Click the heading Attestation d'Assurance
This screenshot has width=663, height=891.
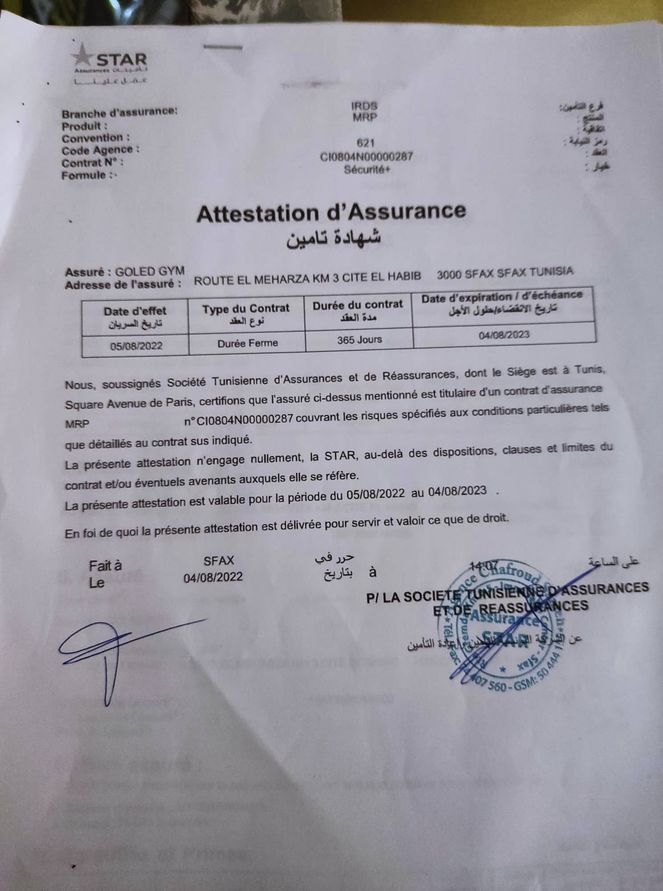[331, 213]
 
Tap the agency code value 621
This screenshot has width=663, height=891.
[365, 143]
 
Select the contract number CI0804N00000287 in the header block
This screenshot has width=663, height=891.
[366, 157]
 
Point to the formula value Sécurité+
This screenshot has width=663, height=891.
[367, 170]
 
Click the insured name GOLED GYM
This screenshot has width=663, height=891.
[150, 271]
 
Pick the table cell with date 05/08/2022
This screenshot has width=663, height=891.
[136, 346]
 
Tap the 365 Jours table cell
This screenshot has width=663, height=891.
[360, 339]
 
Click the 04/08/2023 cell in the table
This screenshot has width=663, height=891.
[504, 335]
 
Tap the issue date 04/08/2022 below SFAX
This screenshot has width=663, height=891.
[213, 577]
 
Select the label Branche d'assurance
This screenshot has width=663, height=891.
[119, 112]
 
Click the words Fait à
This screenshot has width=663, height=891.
[105, 566]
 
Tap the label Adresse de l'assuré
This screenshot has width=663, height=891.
[123, 284]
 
